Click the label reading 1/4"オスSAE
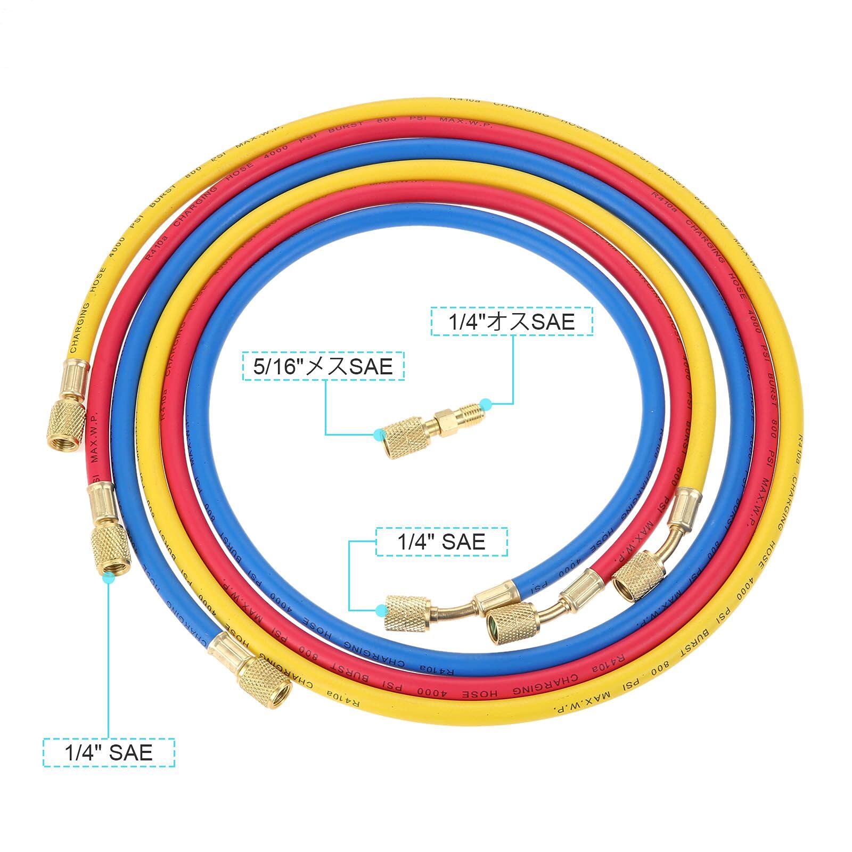click(511, 322)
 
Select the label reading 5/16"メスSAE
click(323, 366)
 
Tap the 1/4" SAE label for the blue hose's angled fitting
click(441, 542)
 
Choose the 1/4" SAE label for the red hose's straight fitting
click(109, 752)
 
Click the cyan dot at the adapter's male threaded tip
click(485, 402)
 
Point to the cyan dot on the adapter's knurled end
click(379, 434)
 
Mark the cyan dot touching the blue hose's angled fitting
click(381, 610)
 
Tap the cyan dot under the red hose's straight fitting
click(109, 578)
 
